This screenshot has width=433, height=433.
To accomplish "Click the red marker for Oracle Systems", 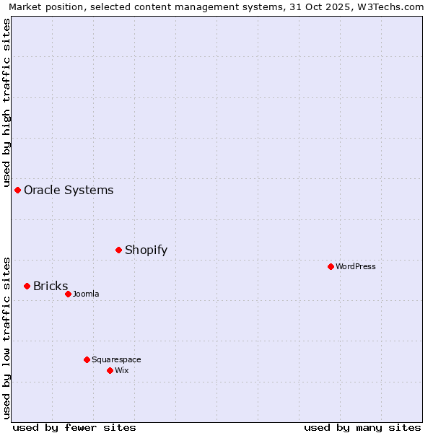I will (18, 190).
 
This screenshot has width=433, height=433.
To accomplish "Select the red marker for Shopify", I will (119, 250).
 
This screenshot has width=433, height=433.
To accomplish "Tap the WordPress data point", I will (331, 266).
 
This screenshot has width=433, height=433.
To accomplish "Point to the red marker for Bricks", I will (27, 286).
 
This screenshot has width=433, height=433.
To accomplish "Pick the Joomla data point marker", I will (69, 294).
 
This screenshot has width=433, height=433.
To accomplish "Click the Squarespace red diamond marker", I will (87, 359).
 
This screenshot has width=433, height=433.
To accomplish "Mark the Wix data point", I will (110, 370).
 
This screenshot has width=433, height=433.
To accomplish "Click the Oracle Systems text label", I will (69, 191).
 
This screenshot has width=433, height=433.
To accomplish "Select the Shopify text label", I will (146, 250).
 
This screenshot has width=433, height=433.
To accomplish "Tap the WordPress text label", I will (356, 267).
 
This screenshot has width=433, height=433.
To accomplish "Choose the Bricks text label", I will (51, 287).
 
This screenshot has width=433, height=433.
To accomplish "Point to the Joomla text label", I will (86, 294).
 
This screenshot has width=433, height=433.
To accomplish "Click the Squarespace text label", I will (116, 360).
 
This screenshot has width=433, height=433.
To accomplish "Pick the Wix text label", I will (122, 371).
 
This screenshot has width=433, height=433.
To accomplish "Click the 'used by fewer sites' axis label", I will (74, 427).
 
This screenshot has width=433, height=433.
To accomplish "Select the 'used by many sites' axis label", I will (362, 427).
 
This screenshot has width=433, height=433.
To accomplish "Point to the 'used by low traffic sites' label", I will (6, 338).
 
